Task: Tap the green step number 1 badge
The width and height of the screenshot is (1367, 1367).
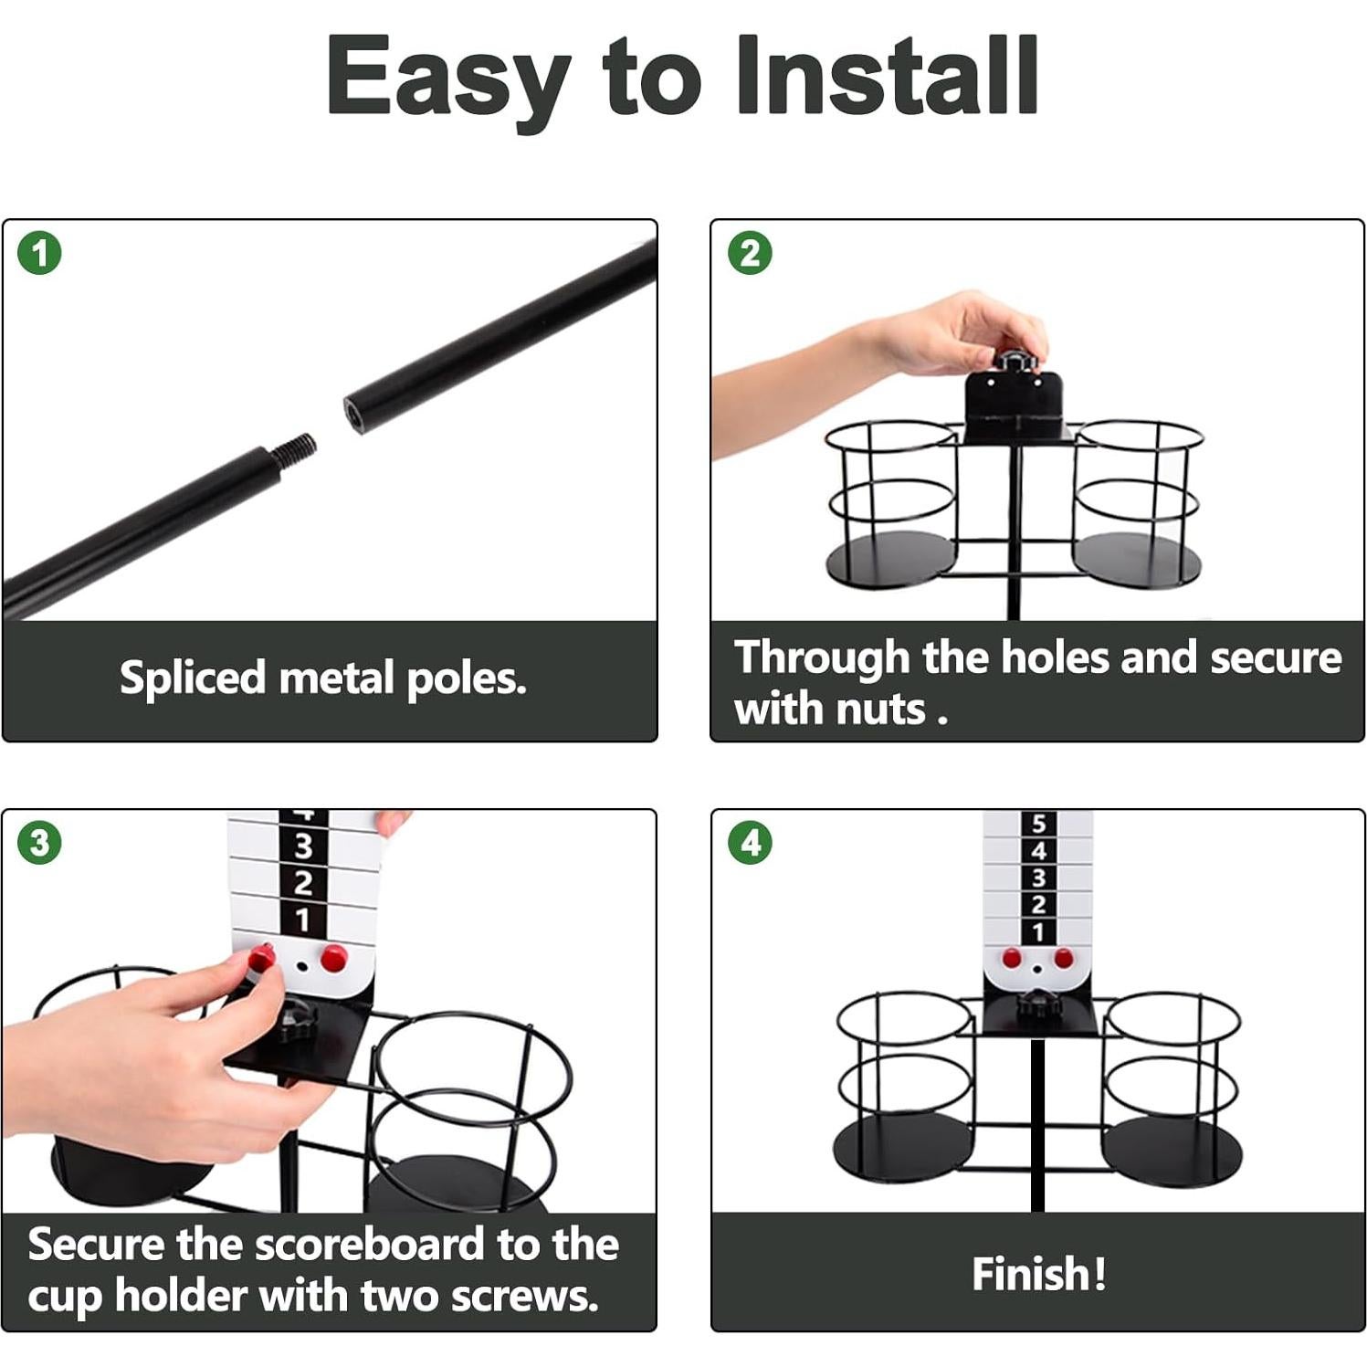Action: pyautogui.click(x=39, y=253)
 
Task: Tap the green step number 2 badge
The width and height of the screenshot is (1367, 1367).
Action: pyautogui.click(x=750, y=253)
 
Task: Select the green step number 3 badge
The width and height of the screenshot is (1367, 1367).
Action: pyautogui.click(x=39, y=842)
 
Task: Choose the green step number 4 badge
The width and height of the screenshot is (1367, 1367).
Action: pyautogui.click(x=750, y=842)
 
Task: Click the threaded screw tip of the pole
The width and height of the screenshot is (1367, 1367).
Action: pyautogui.click(x=299, y=448)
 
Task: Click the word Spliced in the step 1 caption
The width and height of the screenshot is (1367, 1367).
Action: pyautogui.click(x=192, y=678)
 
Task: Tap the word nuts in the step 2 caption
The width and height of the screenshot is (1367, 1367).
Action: pyautogui.click(x=882, y=709)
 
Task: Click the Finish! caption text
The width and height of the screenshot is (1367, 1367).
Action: pyautogui.click(x=1038, y=1274)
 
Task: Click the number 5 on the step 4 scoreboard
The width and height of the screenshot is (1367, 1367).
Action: pyautogui.click(x=1038, y=824)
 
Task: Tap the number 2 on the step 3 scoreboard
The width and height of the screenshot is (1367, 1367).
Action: pyautogui.click(x=303, y=882)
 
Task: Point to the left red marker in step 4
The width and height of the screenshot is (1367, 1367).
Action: pyautogui.click(x=1011, y=958)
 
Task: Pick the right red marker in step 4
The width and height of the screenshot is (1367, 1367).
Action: pyautogui.click(x=1064, y=958)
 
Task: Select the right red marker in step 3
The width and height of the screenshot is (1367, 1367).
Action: pyautogui.click(x=334, y=958)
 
